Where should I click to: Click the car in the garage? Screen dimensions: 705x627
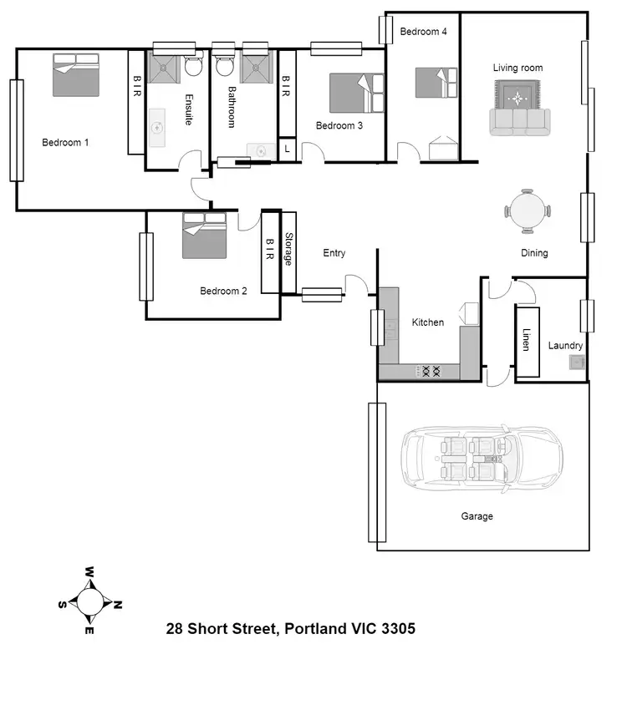pos(481,461)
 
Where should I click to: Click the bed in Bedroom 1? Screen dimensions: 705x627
pos(78,76)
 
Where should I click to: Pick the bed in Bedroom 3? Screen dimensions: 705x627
pos(356,93)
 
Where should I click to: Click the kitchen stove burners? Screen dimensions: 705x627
pos(430,369)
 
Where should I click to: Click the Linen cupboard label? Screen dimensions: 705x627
pos(526,340)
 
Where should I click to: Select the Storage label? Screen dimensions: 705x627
pos(288,250)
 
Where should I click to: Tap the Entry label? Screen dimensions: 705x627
pos(334,253)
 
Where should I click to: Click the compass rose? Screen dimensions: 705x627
pos(89,601)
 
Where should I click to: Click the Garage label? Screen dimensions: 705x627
pos(477,516)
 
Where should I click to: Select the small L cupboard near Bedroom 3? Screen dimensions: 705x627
pos(287,148)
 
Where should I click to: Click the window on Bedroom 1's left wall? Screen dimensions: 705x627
pos(16,129)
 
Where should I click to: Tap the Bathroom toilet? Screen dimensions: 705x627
pos(224,65)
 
